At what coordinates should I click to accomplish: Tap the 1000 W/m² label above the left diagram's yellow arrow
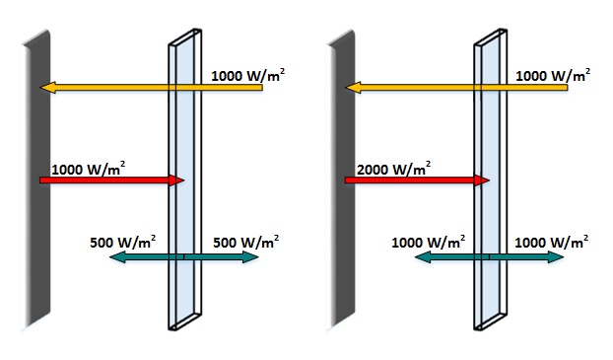(248, 75)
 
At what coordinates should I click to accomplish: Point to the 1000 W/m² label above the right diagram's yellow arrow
(554, 75)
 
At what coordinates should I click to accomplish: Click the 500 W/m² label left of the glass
(122, 241)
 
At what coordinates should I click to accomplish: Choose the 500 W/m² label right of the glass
(244, 241)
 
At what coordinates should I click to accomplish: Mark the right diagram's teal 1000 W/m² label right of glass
(552, 241)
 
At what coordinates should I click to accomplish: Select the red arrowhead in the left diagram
(178, 180)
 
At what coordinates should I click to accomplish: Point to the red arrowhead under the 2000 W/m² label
(483, 180)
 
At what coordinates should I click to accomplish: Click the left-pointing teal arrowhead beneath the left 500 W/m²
(114, 257)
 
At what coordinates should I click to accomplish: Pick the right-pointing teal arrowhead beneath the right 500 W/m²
(252, 257)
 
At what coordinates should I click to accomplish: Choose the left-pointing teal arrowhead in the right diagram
(420, 257)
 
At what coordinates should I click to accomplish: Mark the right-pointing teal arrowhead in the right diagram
(558, 257)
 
